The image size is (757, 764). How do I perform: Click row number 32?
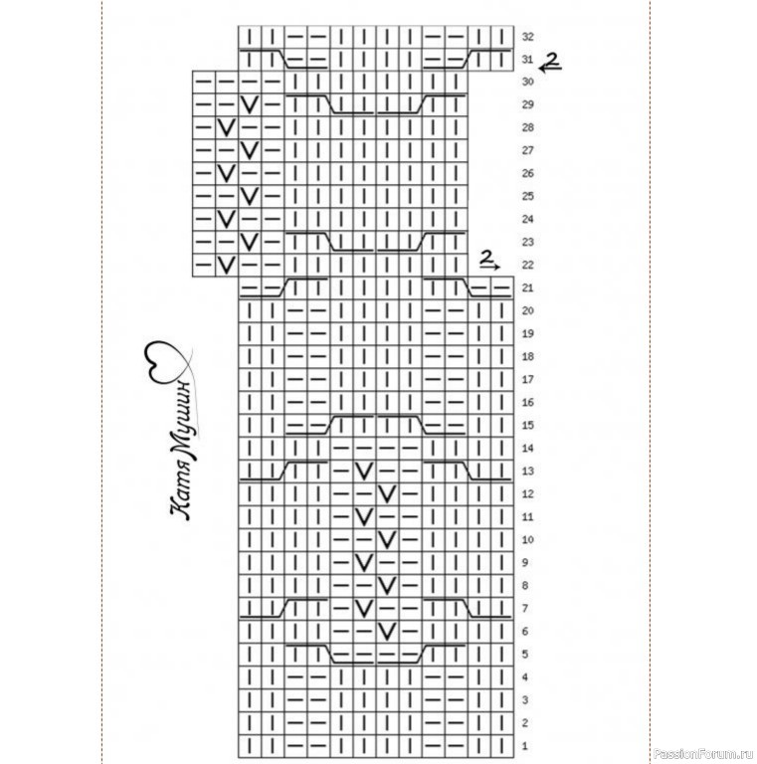coord(527,37)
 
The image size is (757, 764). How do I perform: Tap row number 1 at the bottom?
coord(524,746)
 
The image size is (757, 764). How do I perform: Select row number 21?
coord(527,287)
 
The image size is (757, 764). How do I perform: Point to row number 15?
coord(527,426)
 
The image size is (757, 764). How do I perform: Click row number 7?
coord(524,609)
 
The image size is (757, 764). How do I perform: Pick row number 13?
coord(527,472)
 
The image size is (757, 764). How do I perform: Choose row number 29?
coord(527,104)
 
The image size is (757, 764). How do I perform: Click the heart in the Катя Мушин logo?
coord(165,361)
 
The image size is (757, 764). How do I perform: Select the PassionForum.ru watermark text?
coord(703,754)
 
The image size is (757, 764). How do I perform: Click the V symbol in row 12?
coord(387,494)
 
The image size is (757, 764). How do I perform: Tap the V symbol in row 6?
coord(387,632)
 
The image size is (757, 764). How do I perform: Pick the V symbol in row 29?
coord(249,104)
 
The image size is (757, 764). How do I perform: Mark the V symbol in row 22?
coord(226,265)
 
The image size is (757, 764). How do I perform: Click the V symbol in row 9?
coord(364,563)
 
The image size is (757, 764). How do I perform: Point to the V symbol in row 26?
coord(226,173)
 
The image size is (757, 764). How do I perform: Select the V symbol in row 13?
coord(364,472)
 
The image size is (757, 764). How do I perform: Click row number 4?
coord(524,677)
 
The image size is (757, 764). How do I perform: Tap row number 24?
coord(527,219)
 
